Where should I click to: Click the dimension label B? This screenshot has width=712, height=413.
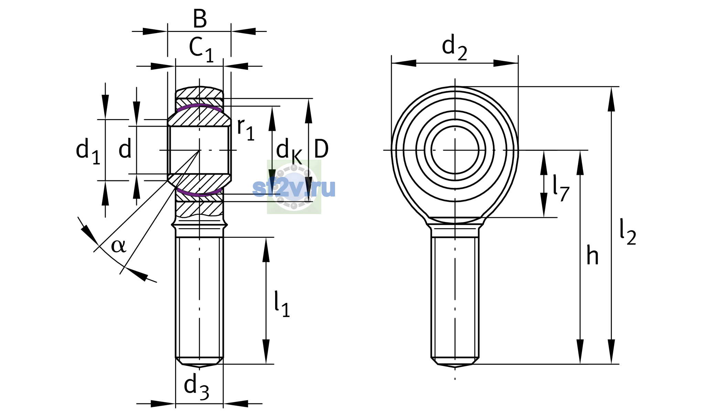pos(200,19)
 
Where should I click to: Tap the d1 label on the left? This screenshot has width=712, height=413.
pos(88,151)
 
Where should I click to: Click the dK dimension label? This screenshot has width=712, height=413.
pos(289,151)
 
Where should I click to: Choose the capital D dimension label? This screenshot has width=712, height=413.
pos(321,149)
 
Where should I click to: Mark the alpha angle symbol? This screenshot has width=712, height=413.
pos(118,246)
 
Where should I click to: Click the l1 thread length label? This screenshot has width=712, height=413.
pos(282,304)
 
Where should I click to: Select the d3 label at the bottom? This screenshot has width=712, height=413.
pos(196,387)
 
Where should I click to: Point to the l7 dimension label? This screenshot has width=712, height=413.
pos(561,188)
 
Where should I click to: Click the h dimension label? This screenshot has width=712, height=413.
pos(592,256)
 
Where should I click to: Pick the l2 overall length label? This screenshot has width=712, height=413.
pos(628,232)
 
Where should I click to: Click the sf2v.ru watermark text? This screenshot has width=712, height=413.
pos(294,188)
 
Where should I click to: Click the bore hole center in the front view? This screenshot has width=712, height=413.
pos(455,150)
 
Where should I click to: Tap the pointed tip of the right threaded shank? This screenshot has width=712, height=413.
pos(455,367)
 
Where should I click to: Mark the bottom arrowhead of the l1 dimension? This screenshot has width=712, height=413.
pos(266,351)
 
